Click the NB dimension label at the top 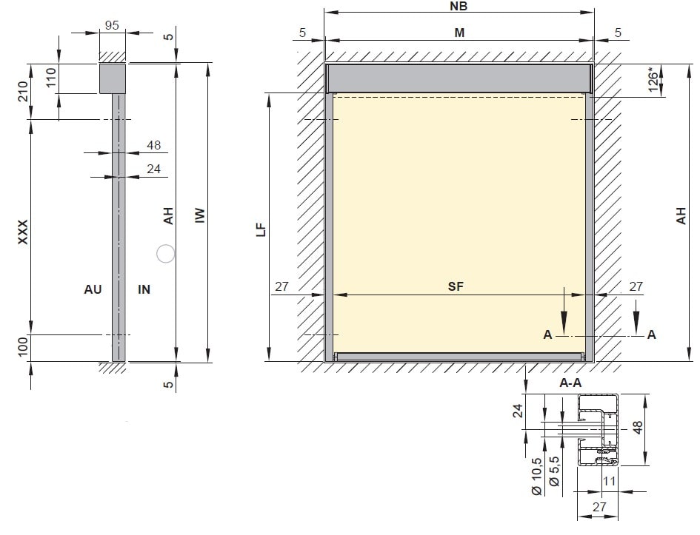click(x=459, y=6)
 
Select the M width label click(x=459, y=33)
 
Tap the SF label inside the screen click(x=456, y=286)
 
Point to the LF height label click(x=261, y=229)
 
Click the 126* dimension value click(x=653, y=80)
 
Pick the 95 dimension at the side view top click(x=112, y=25)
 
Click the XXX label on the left click(x=22, y=232)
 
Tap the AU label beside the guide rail click(x=93, y=289)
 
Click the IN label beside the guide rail click(x=144, y=289)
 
